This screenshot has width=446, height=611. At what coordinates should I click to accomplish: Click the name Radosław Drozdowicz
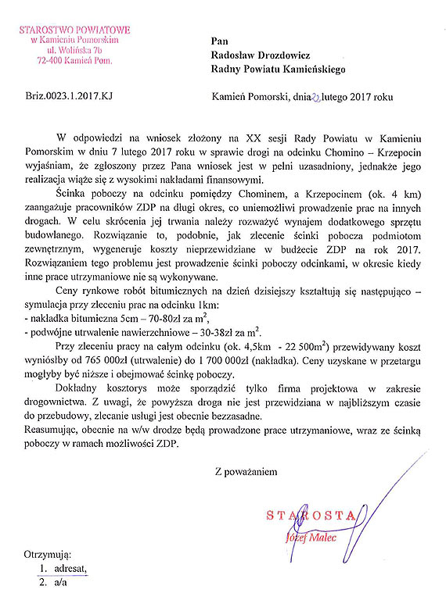point(261,55)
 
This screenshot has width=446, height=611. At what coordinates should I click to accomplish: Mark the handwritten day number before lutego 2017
point(315,98)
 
